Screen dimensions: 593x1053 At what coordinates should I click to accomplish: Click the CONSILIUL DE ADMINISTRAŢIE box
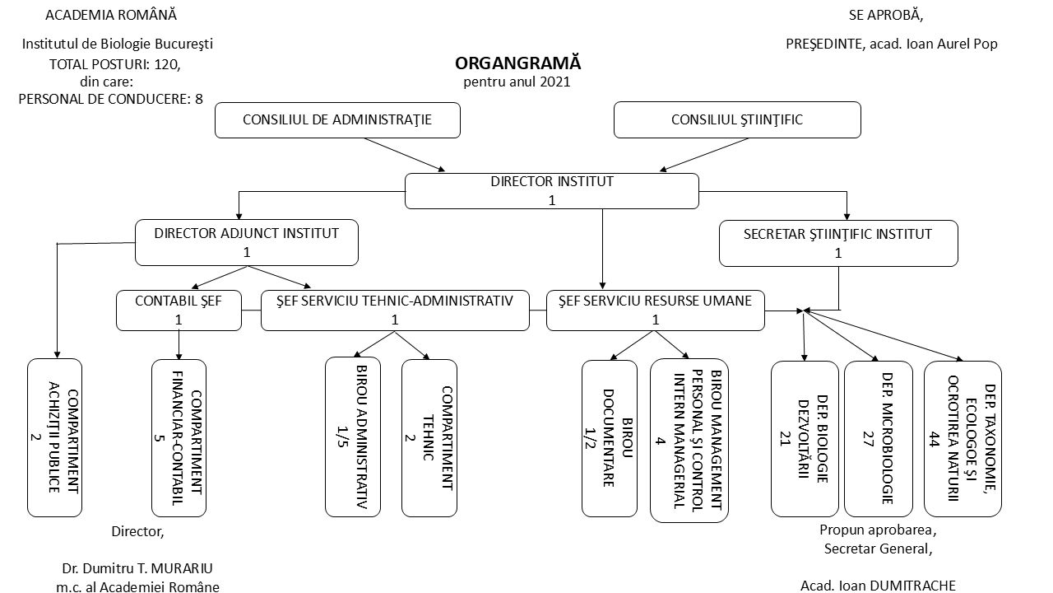point(337,120)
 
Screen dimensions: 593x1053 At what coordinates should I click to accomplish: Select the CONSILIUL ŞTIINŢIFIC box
point(737,120)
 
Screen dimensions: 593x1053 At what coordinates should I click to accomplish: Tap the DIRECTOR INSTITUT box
point(552,191)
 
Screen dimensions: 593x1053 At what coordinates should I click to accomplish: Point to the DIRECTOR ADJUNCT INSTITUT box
point(246,242)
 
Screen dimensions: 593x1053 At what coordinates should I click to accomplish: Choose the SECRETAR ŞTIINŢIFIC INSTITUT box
point(838,243)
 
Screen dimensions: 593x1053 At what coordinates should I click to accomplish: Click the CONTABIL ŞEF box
point(178,311)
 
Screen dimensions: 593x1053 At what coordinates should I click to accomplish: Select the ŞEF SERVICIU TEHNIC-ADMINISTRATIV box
point(395,311)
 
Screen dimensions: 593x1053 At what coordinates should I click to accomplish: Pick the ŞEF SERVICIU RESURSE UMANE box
point(655,311)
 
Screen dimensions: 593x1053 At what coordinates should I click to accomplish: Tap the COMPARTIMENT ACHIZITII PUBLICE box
point(55,437)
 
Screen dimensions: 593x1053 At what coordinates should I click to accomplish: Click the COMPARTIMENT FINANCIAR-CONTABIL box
point(179,437)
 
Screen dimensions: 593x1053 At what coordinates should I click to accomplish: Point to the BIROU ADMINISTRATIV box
point(353,437)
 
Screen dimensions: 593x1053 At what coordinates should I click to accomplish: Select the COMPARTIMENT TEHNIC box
point(429,437)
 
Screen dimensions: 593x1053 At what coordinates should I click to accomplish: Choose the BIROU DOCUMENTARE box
point(609,437)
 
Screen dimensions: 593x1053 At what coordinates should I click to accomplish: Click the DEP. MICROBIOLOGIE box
point(878,437)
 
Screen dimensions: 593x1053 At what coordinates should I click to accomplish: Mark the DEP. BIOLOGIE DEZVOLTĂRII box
point(804,437)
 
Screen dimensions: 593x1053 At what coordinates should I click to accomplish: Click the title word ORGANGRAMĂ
point(517,63)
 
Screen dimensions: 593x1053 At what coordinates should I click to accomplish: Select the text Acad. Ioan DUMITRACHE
point(878,586)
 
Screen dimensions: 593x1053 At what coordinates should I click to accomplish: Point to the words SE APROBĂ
point(885,15)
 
